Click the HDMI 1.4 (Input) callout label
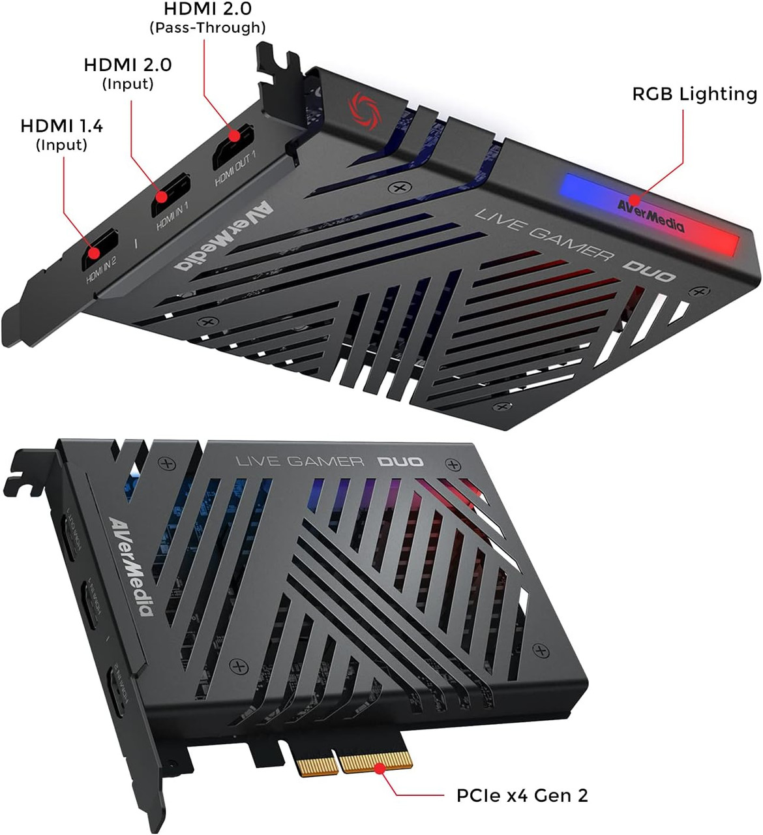61,134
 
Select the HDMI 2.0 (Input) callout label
128,73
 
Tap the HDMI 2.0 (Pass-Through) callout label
207,18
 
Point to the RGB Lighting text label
694,94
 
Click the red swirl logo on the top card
362,107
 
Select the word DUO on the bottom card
400,461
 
